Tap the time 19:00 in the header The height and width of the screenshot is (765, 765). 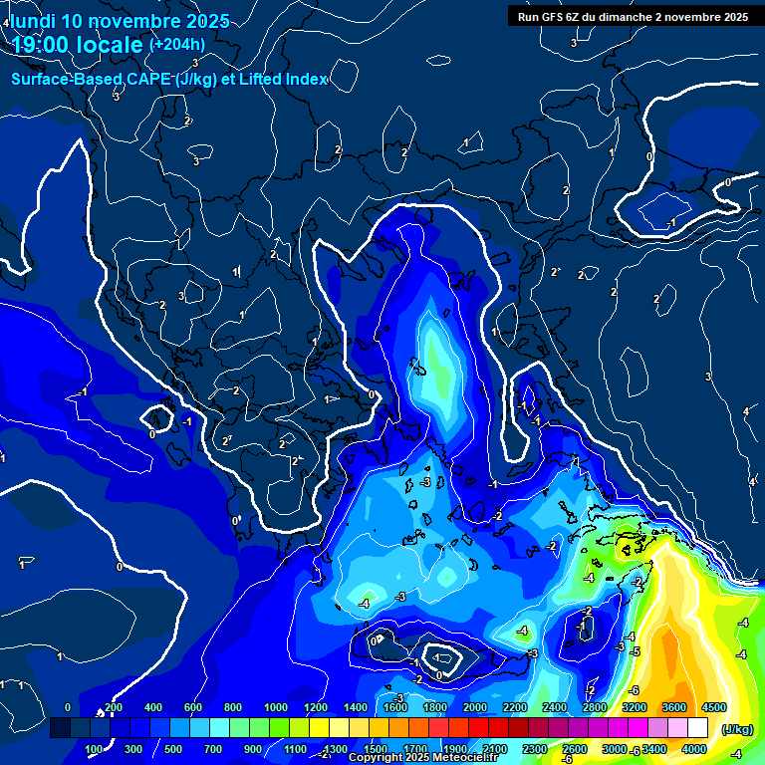(43, 45)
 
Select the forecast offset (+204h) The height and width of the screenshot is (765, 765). (176, 44)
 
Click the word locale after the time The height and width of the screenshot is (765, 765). (111, 45)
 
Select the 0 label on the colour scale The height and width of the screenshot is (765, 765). (67, 707)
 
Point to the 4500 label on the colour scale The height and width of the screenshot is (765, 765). (714, 707)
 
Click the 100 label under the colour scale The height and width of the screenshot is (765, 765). (95, 749)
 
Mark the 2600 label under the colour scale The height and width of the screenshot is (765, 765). (574, 749)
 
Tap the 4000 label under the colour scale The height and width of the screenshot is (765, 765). (694, 749)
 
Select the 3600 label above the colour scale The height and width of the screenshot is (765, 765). (673, 707)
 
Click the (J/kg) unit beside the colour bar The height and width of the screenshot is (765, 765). (736, 730)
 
